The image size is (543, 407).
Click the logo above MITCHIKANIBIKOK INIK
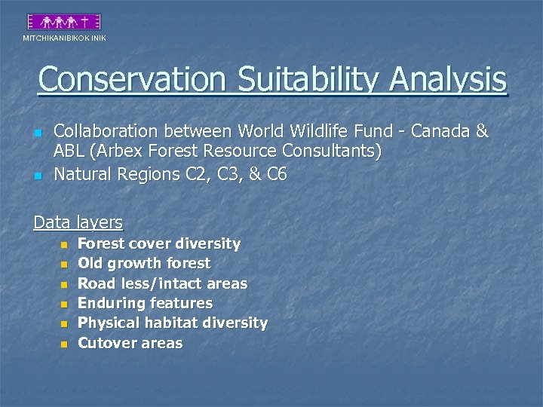point(64,22)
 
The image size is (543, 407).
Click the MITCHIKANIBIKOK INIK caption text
point(64,38)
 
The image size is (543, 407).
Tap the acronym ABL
point(70,151)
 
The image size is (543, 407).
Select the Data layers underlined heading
point(78,222)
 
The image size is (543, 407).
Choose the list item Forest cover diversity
point(159,243)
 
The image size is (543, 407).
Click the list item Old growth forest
point(144,263)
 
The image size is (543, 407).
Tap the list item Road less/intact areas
point(162,283)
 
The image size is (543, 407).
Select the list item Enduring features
point(145,303)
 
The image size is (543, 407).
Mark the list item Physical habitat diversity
point(173,323)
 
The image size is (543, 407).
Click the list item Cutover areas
point(130,343)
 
